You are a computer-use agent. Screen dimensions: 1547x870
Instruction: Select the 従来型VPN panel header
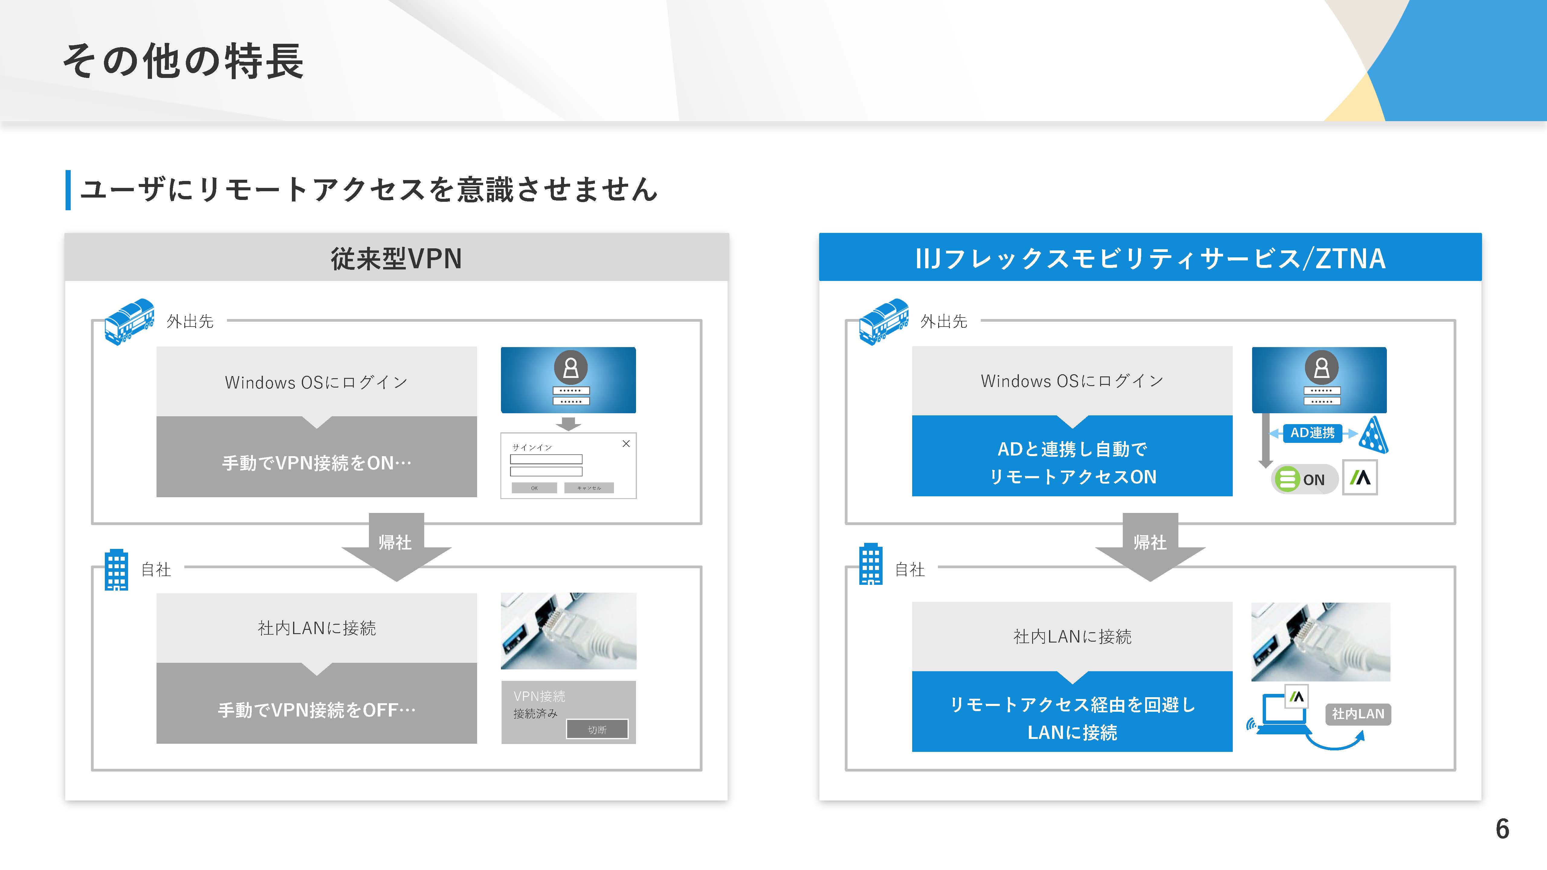pos(396,258)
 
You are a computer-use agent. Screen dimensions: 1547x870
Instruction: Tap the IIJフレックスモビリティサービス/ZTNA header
pos(1150,258)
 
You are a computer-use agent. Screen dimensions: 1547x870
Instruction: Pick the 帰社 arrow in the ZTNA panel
pos(1150,546)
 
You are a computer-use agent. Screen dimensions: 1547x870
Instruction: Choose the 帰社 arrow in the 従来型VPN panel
pos(396,546)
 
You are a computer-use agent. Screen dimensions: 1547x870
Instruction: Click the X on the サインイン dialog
pos(626,444)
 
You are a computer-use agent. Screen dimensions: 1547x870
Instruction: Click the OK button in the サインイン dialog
pos(534,488)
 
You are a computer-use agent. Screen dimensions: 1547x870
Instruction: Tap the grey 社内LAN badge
pos(1358,714)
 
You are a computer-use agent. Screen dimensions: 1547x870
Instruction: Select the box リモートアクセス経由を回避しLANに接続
pos(1072,711)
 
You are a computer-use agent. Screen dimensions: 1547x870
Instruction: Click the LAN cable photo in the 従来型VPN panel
pos(568,631)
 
